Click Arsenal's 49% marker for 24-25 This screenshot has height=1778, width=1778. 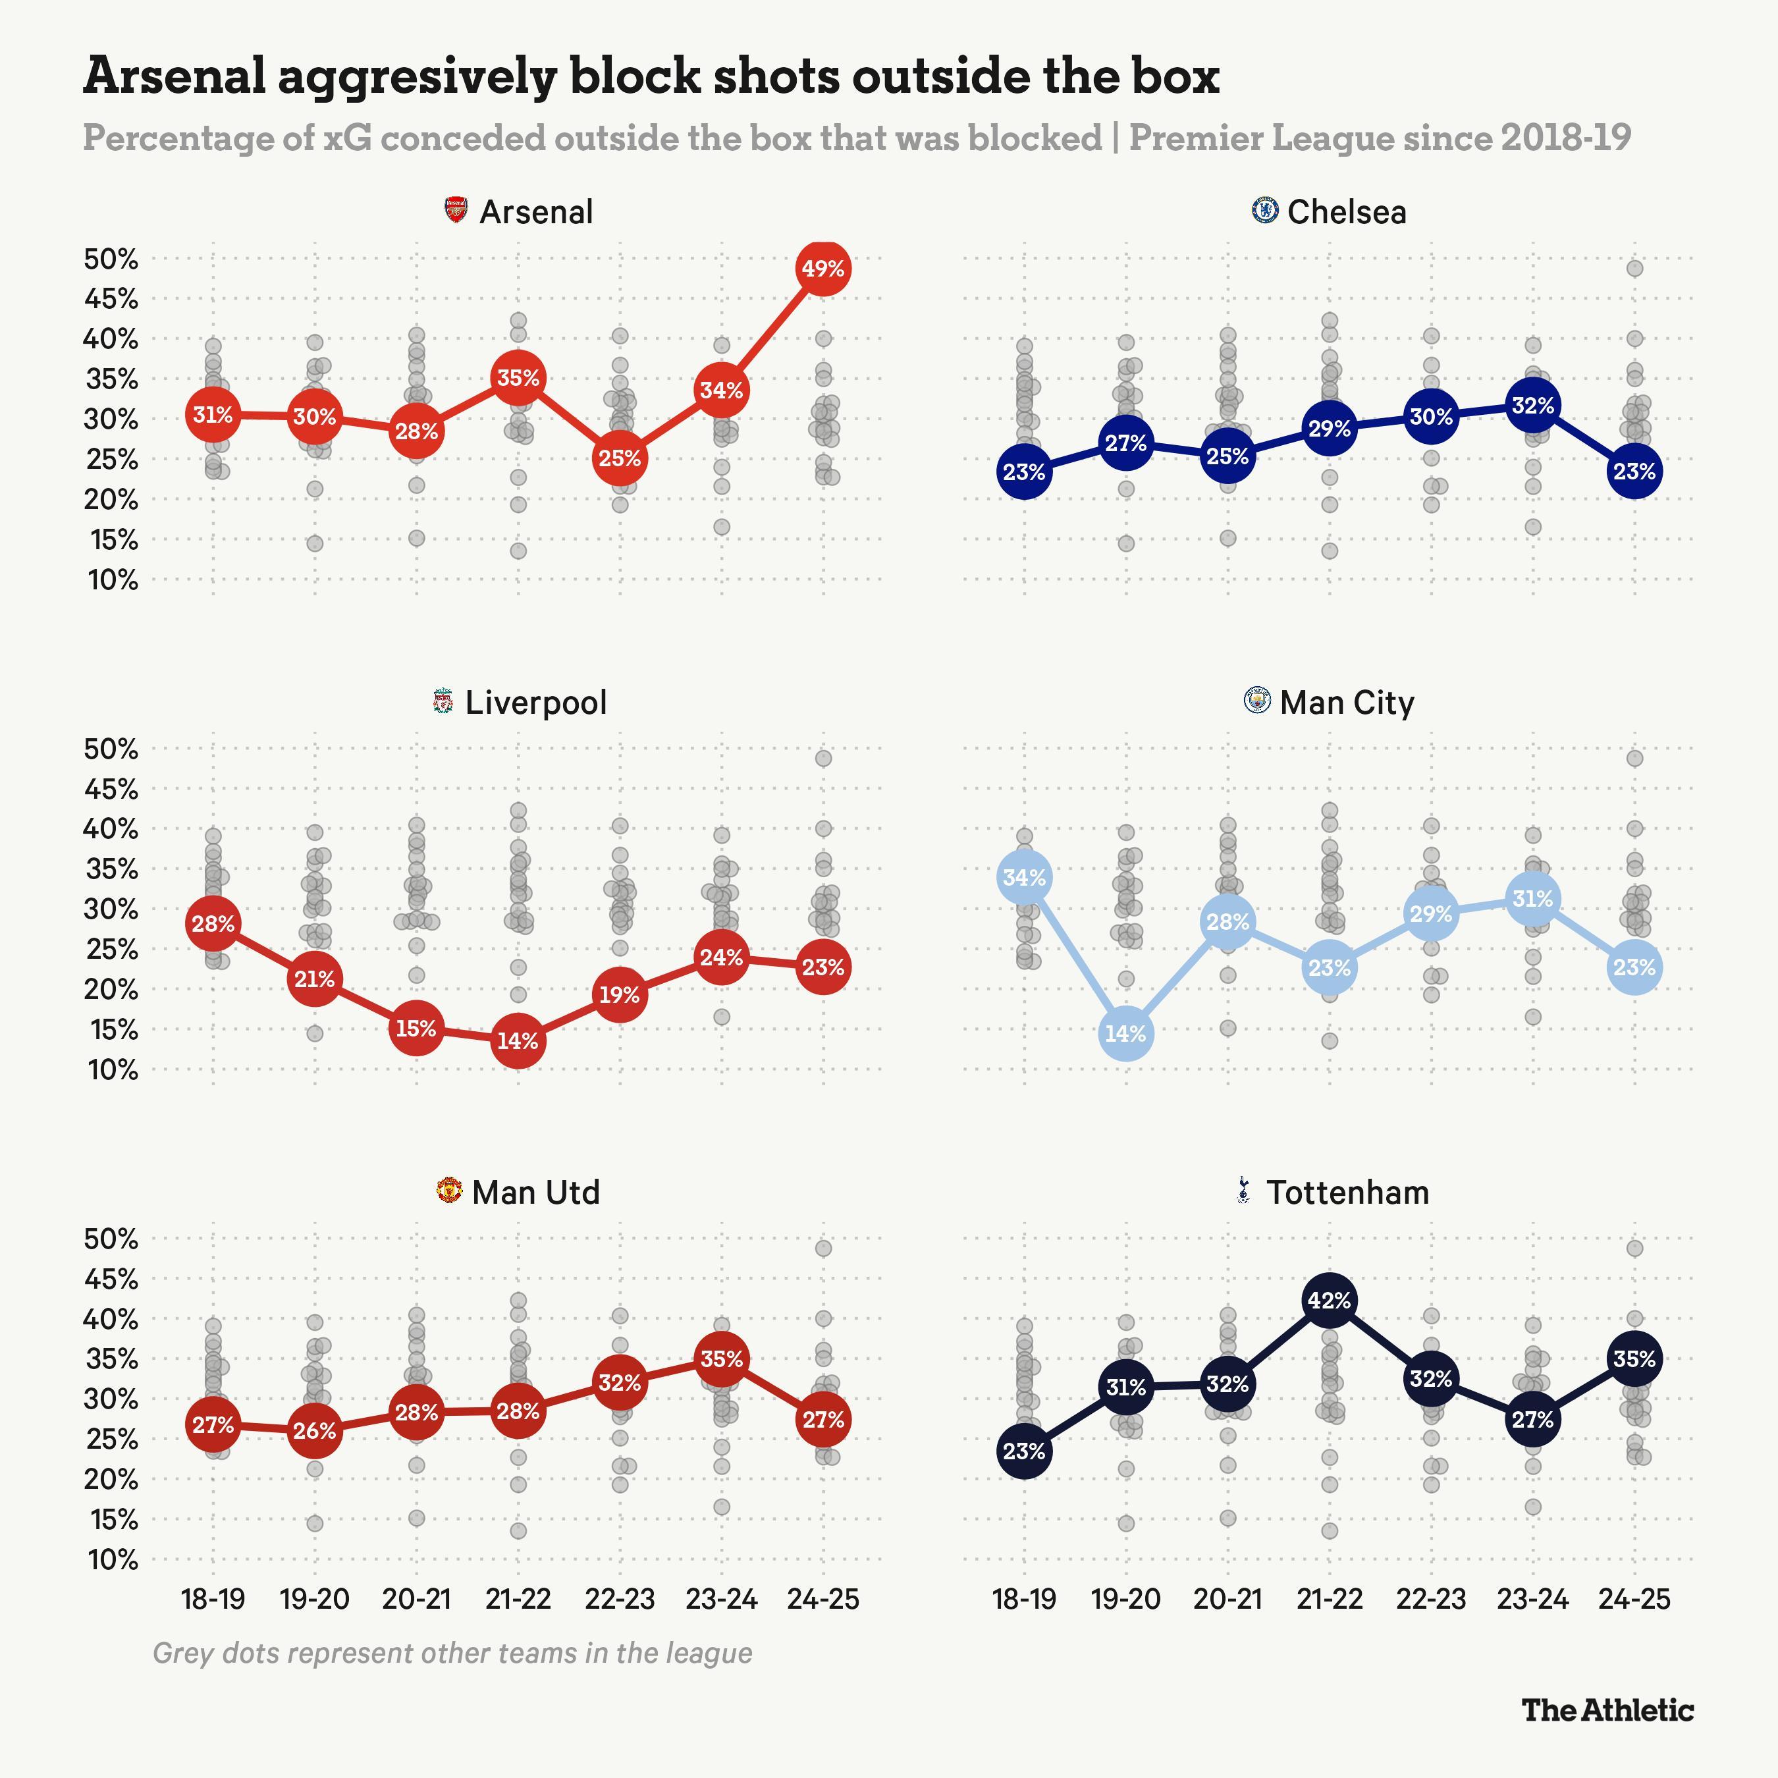coord(822,269)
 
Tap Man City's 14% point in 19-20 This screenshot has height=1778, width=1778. coord(1125,1033)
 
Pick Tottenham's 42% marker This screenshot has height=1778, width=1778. coord(1329,1301)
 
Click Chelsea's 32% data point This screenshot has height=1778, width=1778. coord(1532,405)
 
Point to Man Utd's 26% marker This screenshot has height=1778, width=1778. coord(315,1430)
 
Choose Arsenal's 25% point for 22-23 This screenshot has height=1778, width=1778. coord(620,458)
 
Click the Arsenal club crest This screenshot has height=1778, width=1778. coord(456,211)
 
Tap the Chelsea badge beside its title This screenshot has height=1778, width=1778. coord(1266,210)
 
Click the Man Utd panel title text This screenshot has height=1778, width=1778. coord(535,1192)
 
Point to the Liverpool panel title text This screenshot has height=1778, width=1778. coord(535,702)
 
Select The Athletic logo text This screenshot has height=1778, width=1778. coord(1607,1710)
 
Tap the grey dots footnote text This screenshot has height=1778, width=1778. coord(452,1653)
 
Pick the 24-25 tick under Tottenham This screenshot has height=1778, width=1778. coord(1634,1598)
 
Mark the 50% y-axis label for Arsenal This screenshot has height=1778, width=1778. coord(111,259)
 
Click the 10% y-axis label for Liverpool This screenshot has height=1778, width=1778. coord(111,1069)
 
